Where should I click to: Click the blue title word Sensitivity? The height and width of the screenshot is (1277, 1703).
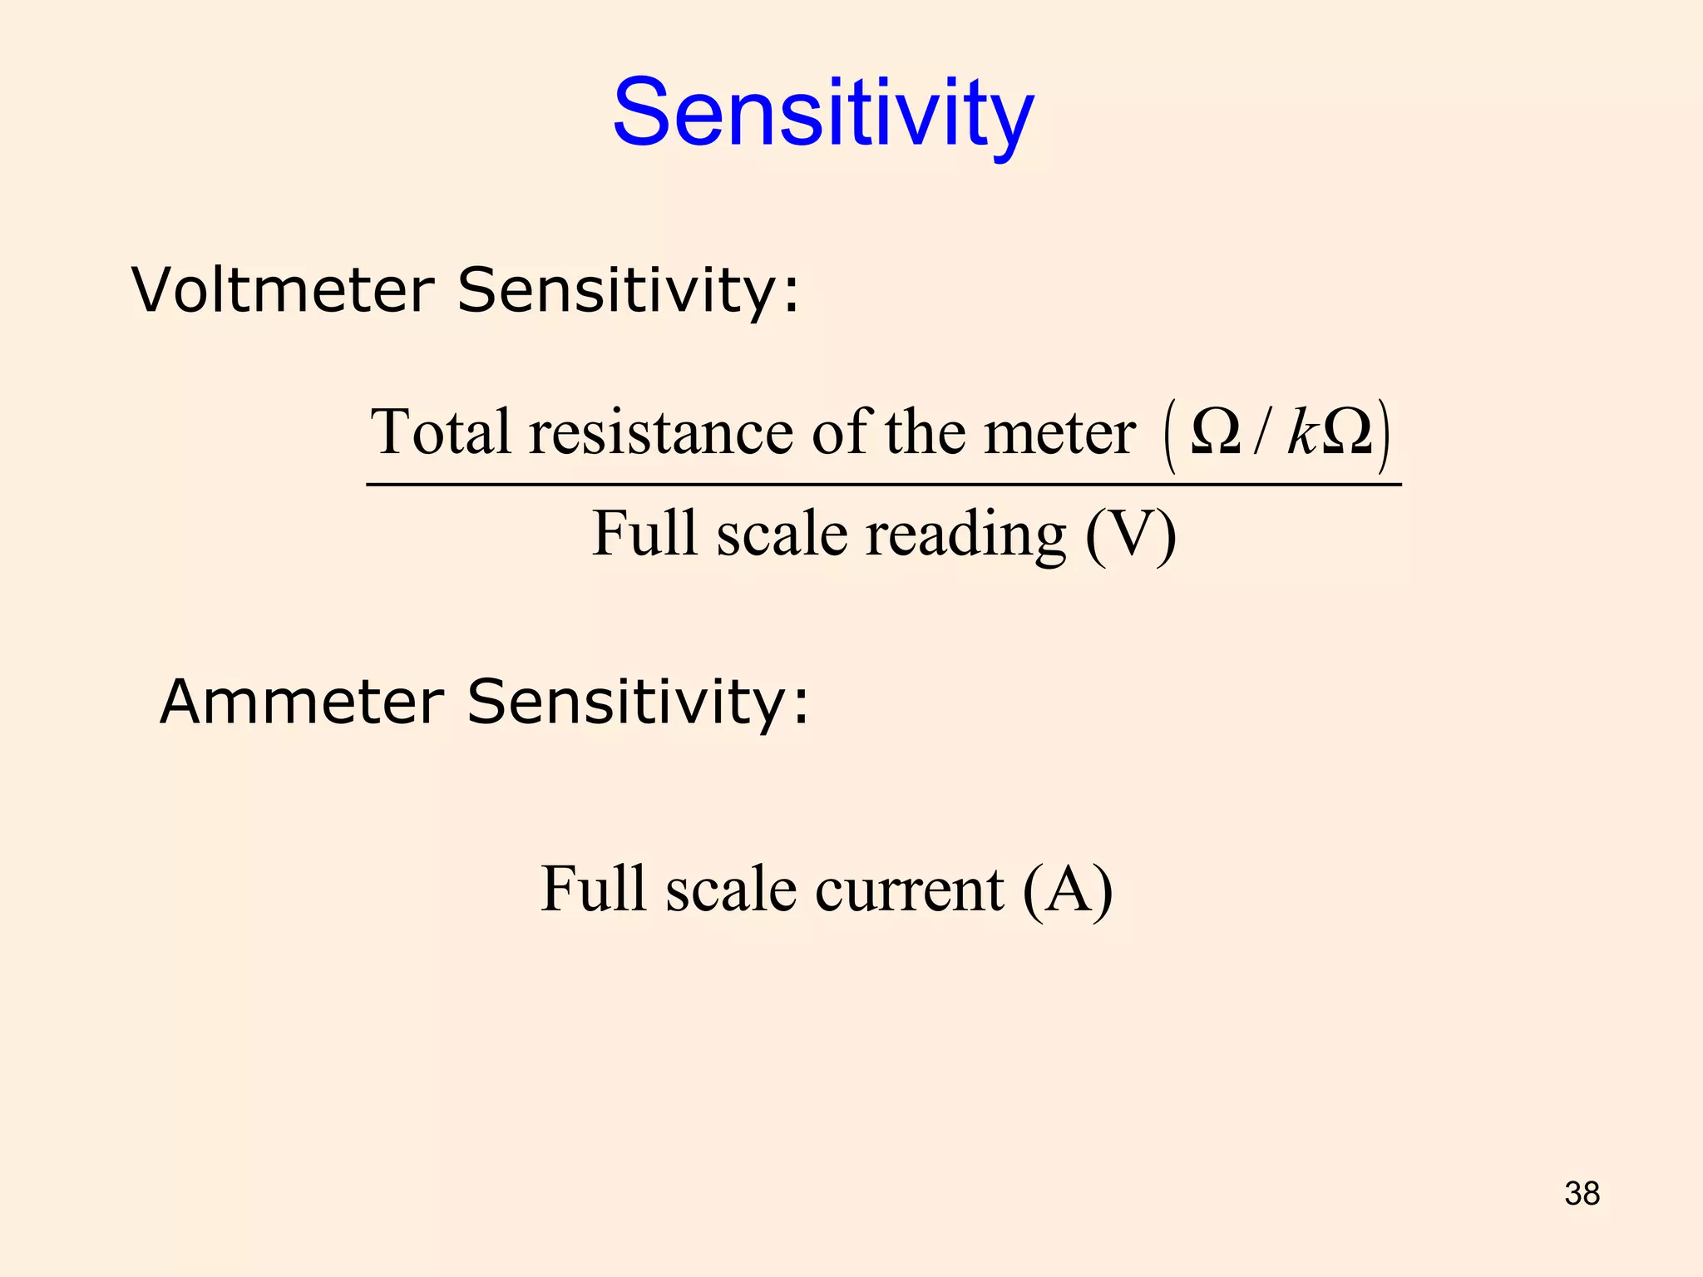click(823, 114)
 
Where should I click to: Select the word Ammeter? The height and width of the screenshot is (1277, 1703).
click(301, 702)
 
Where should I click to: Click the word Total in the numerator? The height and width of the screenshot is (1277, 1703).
click(441, 432)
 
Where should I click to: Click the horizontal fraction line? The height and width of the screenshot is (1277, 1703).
click(883, 484)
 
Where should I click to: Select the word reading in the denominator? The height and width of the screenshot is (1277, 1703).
click(965, 535)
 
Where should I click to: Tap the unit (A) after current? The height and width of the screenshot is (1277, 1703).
click(1068, 890)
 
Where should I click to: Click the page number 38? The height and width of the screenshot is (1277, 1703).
click(1582, 1194)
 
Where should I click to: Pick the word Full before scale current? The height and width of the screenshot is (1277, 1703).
click(593, 889)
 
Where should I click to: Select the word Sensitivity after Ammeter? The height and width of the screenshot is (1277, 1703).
click(637, 702)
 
